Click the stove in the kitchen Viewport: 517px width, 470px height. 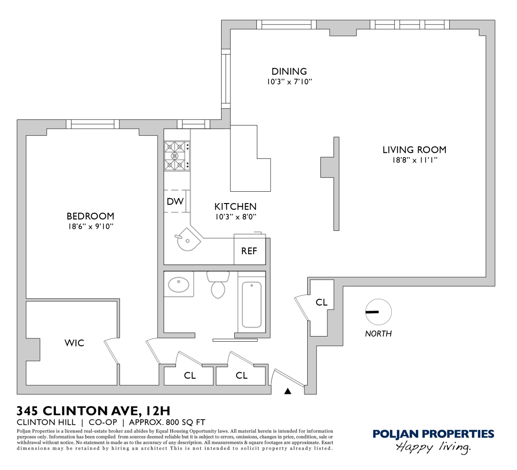coord(176,156)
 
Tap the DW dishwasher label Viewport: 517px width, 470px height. coord(175,202)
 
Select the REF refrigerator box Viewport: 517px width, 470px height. coord(249,251)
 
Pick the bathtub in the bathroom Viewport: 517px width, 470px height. coord(252,305)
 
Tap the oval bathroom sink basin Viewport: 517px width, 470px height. coord(178,284)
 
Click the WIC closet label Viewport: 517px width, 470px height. coord(74,343)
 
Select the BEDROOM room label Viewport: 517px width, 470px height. coord(90,216)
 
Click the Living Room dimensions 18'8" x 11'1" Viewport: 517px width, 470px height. coord(414,160)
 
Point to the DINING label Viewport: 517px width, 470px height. coord(289,71)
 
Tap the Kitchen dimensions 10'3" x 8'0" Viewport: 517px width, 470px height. coord(235,217)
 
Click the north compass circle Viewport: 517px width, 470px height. coord(378,312)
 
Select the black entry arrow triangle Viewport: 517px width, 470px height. coord(288,391)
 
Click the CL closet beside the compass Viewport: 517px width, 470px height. coord(321,302)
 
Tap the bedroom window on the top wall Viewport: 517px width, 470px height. coord(92,124)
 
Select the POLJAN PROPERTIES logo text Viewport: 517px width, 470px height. coord(433,434)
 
